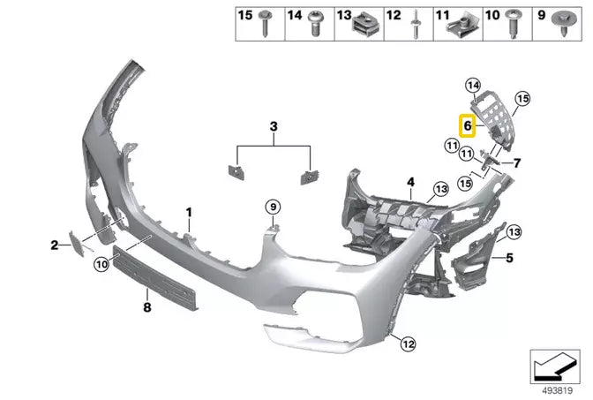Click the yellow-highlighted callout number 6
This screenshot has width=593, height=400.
(467, 125)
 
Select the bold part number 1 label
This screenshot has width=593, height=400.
(188, 213)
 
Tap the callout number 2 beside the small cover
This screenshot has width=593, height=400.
(54, 245)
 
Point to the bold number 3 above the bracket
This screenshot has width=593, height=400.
(274, 128)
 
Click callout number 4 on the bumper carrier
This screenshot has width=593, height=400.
(410, 184)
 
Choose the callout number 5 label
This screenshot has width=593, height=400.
(508, 258)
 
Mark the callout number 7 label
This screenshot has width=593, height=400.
(517, 162)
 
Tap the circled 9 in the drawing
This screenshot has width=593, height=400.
(274, 207)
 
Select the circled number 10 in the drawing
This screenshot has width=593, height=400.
(102, 262)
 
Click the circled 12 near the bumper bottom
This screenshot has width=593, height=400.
(407, 343)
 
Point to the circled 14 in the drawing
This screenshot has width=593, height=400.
(473, 86)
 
